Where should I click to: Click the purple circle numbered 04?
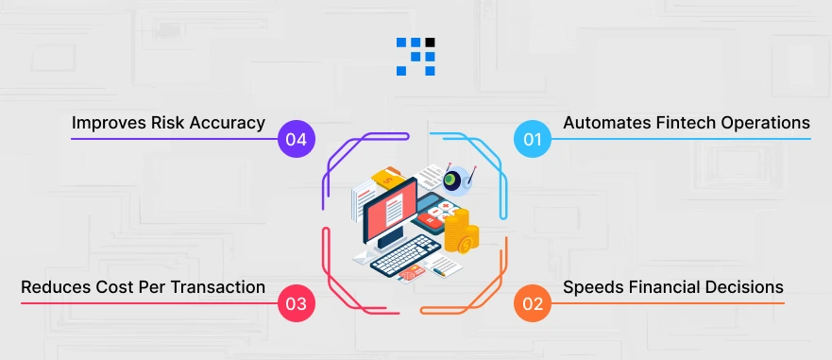point(297,140)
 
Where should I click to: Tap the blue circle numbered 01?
point(533,140)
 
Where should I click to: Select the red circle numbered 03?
point(297,304)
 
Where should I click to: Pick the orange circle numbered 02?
point(533,304)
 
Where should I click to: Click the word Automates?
point(604,123)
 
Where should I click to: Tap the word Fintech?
point(683,123)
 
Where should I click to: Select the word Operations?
point(765,123)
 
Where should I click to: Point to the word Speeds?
point(593,287)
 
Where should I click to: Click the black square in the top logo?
point(431,43)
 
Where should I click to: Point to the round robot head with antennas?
point(456,178)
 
